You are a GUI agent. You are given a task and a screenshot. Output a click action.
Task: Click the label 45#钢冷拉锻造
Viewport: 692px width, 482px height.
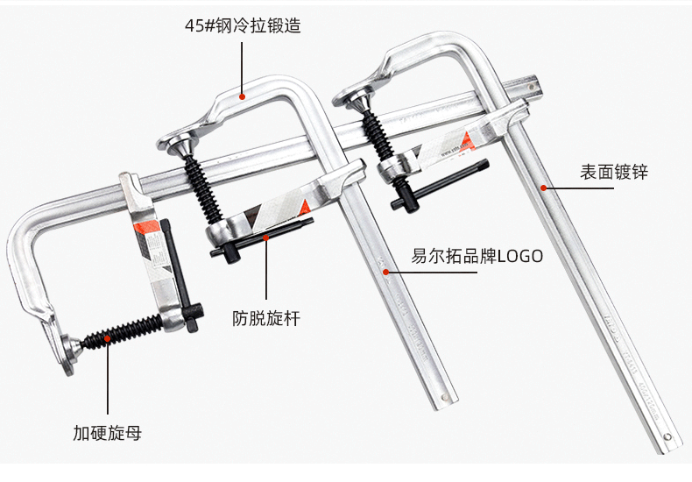click(x=242, y=26)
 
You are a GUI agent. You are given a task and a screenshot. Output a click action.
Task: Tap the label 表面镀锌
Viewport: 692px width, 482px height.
click(x=613, y=173)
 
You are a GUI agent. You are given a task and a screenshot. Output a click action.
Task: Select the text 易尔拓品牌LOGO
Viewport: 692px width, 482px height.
click(x=477, y=257)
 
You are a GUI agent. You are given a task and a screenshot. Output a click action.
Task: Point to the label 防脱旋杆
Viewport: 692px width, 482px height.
click(x=266, y=318)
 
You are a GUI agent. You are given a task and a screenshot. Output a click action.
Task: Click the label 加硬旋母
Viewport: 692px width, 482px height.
click(x=108, y=432)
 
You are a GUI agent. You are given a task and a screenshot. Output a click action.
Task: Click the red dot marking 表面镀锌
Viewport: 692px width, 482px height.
click(x=544, y=187)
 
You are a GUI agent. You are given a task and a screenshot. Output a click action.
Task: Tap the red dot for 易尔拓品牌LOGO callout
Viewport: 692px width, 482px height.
click(x=385, y=272)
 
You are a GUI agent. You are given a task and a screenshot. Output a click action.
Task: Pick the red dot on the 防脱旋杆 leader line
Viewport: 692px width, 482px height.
click(x=266, y=237)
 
